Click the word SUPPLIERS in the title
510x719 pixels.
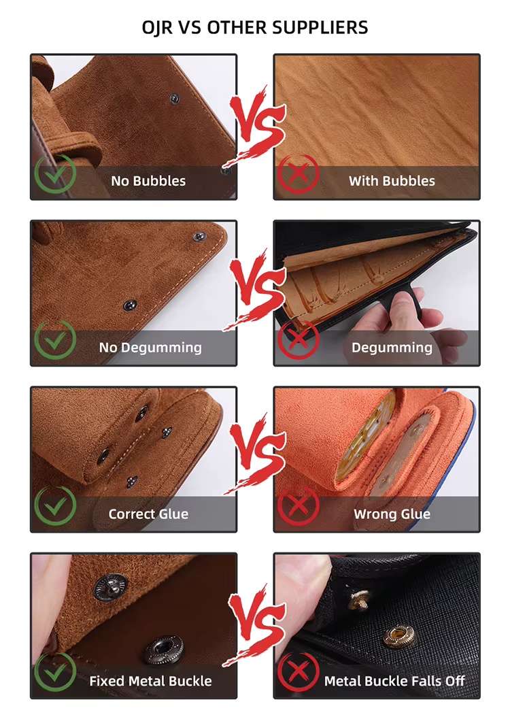(320, 27)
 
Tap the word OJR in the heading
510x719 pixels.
(157, 27)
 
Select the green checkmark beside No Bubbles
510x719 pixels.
(55, 174)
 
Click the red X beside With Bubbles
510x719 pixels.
(298, 174)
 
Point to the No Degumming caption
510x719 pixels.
(150, 347)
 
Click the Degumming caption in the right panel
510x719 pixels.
(392, 347)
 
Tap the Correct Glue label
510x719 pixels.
(148, 514)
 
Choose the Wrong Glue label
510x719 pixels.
(392, 514)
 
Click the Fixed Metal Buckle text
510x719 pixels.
(150, 680)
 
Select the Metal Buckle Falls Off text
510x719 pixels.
(394, 680)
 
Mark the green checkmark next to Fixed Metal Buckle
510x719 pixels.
(55, 672)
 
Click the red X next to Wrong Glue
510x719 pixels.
(298, 506)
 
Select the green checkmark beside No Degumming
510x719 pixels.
(55, 340)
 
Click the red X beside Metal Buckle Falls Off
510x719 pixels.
(298, 672)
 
